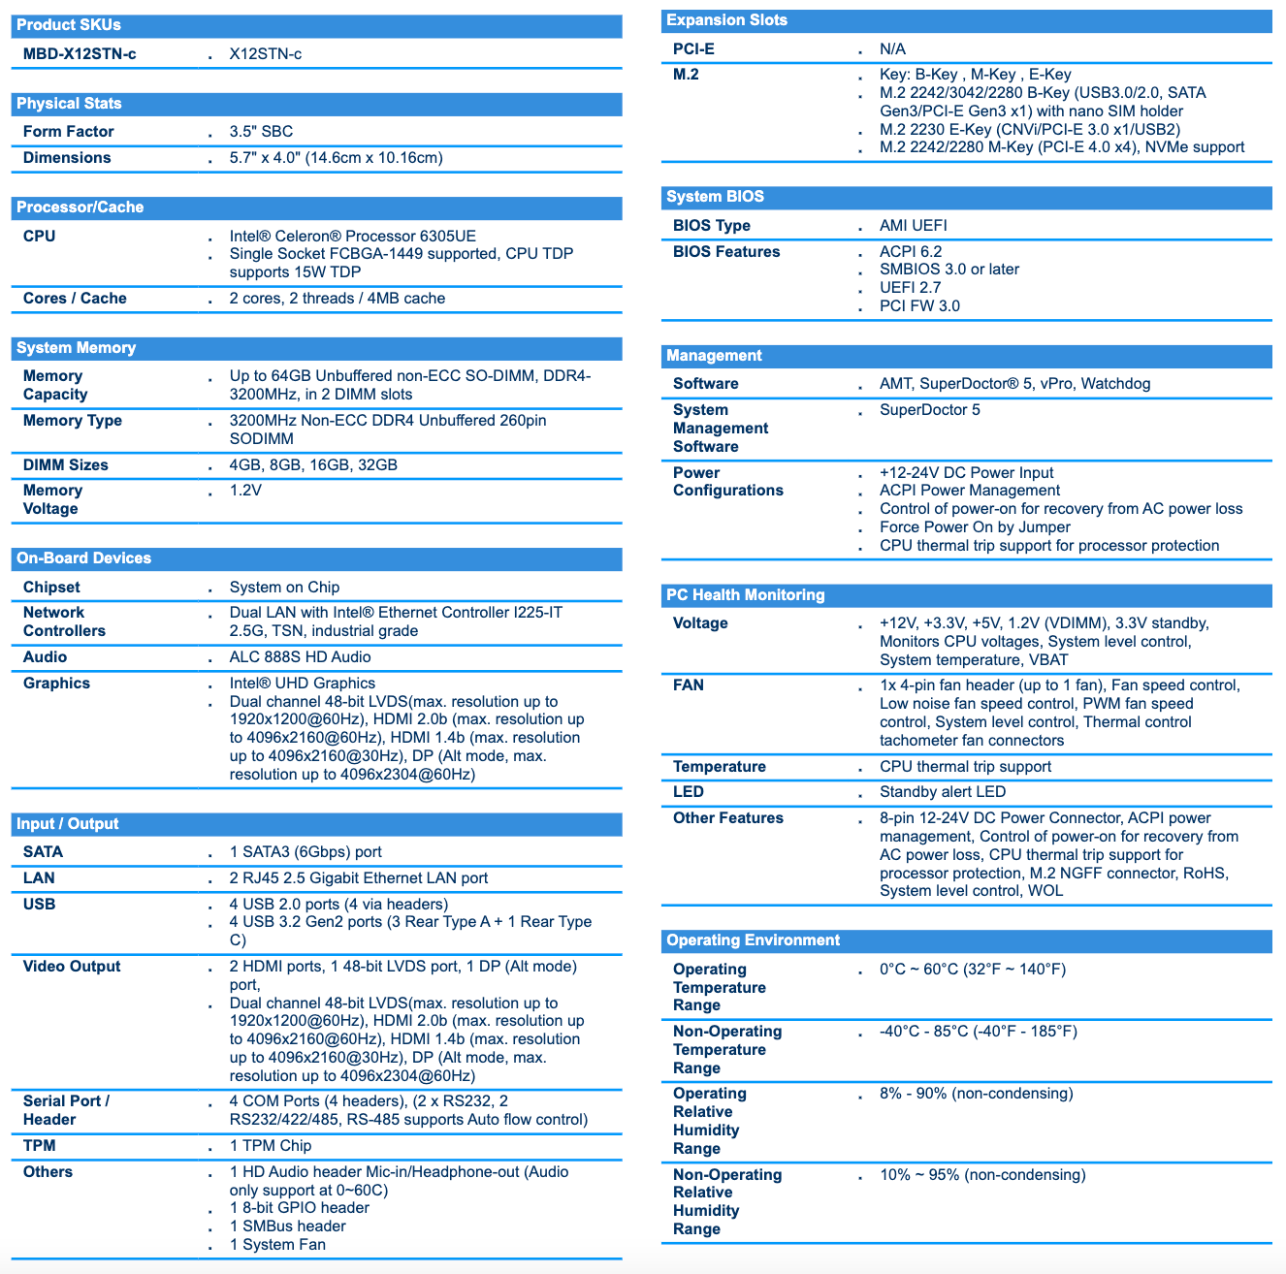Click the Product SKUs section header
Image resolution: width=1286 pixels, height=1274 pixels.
tap(69, 25)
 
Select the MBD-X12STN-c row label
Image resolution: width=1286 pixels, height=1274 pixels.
tap(80, 54)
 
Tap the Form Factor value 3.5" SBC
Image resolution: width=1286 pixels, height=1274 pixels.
tap(261, 132)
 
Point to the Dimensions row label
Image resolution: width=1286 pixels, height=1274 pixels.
tap(67, 158)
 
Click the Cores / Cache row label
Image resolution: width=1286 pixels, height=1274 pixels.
tap(75, 299)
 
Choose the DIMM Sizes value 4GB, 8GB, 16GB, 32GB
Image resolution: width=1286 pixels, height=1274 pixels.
tap(313, 465)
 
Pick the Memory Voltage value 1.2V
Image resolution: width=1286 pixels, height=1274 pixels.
tap(245, 491)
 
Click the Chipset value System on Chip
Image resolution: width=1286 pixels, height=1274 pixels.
tap(284, 588)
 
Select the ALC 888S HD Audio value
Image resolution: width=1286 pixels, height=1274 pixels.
tap(300, 657)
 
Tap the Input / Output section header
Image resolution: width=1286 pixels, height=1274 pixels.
tap(68, 824)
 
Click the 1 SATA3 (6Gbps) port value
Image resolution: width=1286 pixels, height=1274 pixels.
tap(305, 852)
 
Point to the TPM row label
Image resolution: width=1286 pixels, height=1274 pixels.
tap(40, 1146)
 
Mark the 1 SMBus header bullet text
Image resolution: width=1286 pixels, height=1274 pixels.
tap(287, 1226)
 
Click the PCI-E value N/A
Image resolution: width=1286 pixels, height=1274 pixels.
tap(892, 49)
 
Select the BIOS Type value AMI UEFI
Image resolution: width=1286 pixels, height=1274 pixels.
tap(913, 226)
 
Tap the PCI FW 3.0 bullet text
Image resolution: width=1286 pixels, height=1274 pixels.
tap(919, 306)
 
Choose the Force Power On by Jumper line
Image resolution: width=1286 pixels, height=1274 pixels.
tap(975, 527)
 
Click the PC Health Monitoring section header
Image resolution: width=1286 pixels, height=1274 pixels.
tap(745, 595)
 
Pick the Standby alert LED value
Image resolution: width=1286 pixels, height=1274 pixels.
tap(943, 792)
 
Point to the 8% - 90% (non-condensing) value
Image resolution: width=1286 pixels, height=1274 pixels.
tap(976, 1094)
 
